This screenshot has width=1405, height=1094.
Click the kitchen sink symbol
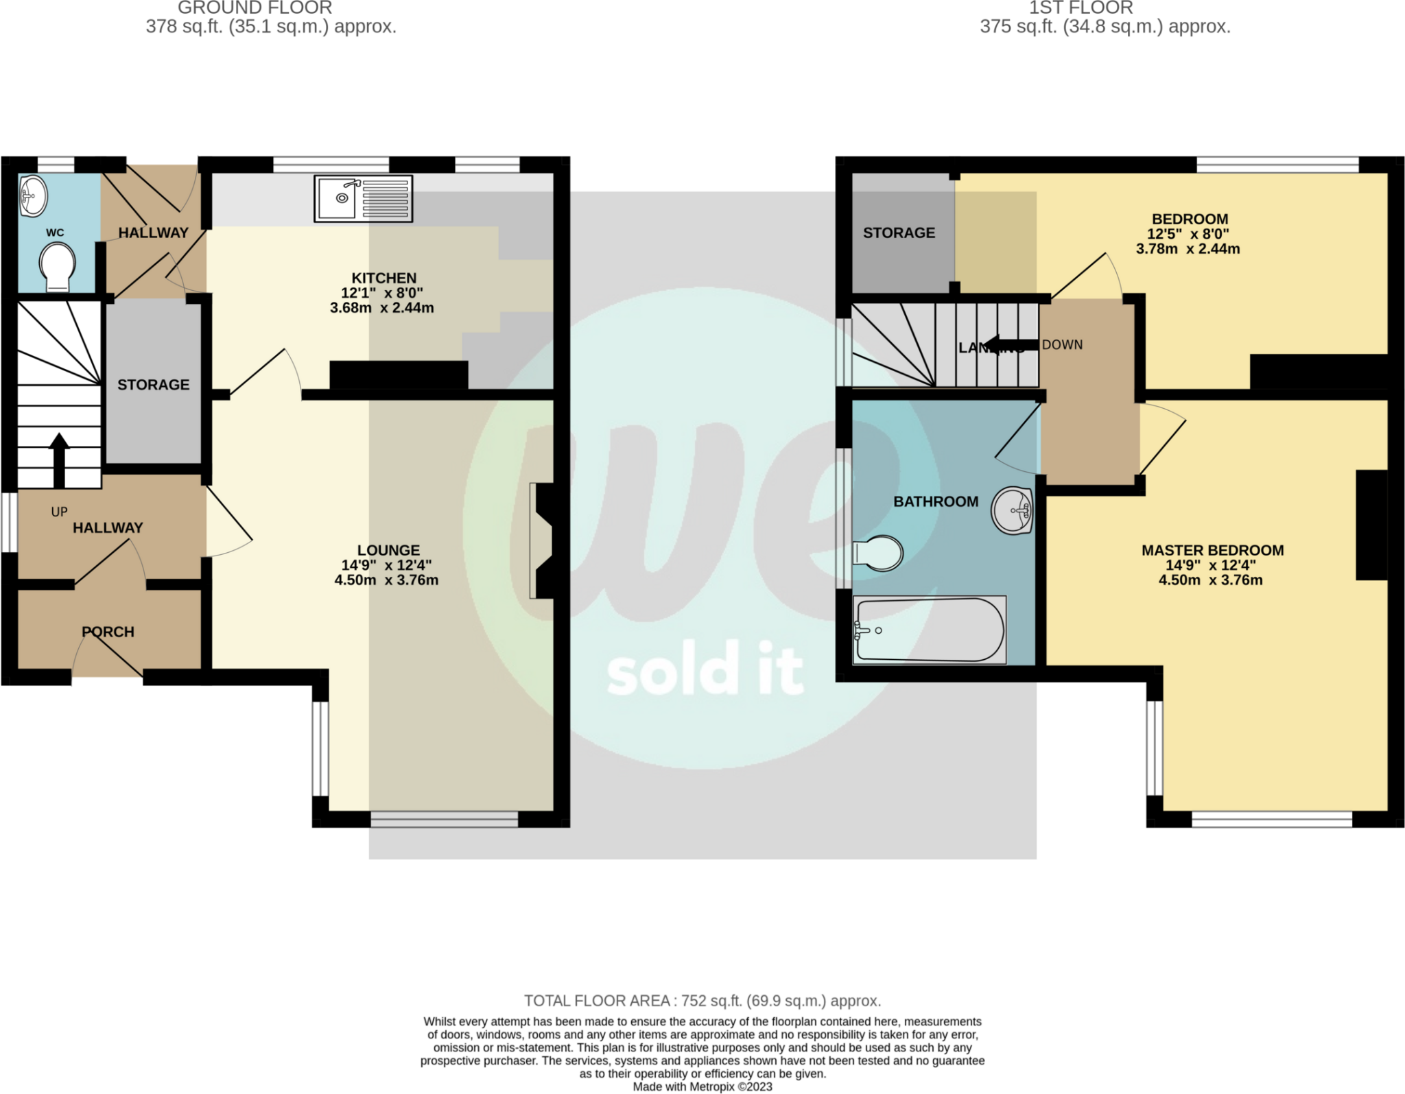363,198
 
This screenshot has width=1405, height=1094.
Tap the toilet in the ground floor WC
57,268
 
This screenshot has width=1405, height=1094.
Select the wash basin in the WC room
33,195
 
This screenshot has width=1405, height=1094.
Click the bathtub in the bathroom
929,630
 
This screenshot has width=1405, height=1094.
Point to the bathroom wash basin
1012,510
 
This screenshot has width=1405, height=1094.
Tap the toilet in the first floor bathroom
879,553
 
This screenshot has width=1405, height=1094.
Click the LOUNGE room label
388,550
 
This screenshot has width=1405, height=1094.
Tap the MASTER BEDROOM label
1212,550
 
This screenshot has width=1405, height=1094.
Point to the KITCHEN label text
383,278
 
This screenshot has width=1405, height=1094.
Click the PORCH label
108,632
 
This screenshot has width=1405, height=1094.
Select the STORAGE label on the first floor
899,233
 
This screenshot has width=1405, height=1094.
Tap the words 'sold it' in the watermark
705,669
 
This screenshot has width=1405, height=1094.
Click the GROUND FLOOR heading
255,8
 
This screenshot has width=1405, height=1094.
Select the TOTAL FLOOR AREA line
702,1001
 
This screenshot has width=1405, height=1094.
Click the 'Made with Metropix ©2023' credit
702,1086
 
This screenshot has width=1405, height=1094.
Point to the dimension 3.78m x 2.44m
1188,249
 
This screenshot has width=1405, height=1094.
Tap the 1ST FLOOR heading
1081,8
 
